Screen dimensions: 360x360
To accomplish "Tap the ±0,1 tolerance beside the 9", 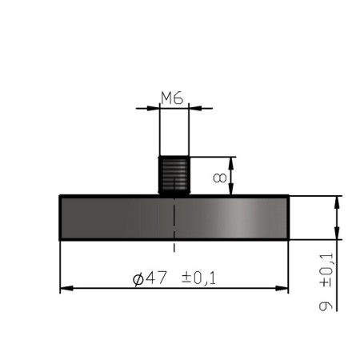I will (x=325, y=272).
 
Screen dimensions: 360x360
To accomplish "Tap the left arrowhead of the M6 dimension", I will (x=154, y=108).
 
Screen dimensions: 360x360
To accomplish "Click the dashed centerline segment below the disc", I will (x=174, y=246).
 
